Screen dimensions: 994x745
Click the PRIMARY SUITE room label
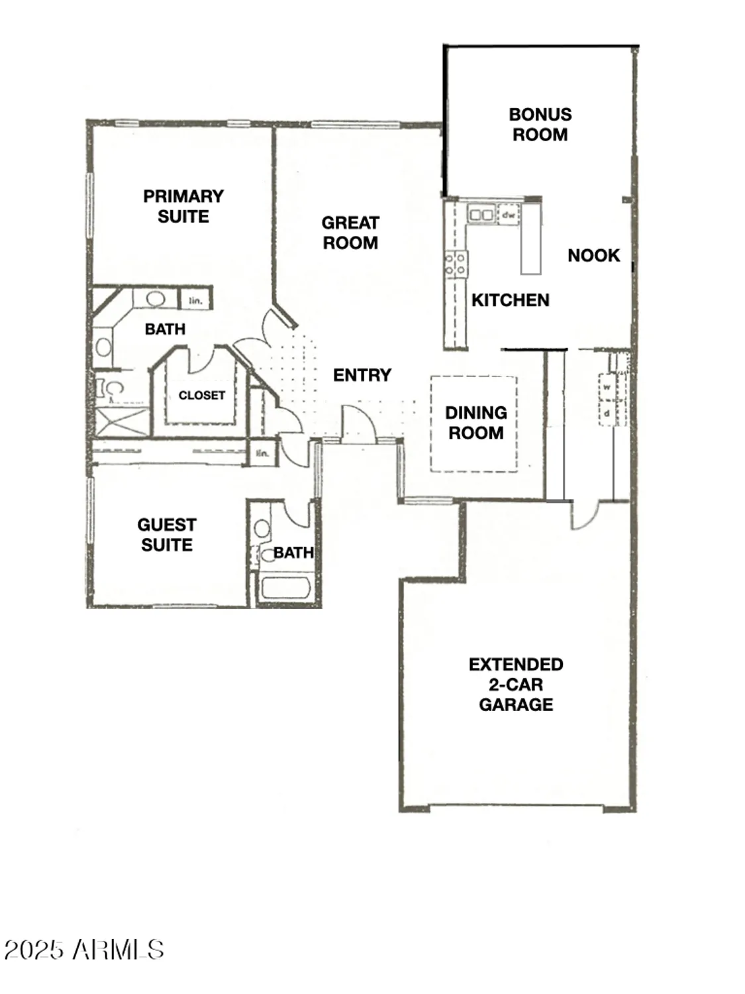coord(183,206)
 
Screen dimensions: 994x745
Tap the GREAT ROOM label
coord(350,233)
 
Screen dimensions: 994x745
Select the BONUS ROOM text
coord(540,125)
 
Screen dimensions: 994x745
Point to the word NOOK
coord(593,256)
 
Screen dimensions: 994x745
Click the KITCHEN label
coord(510,300)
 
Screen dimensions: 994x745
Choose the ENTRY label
coord(362,375)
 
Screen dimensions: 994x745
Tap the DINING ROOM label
coord(475,423)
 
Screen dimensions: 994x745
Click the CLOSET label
coord(201,395)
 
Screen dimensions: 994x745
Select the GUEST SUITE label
coord(167,535)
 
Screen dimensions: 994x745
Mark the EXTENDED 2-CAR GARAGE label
coord(516,684)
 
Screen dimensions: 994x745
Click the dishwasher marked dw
coord(509,215)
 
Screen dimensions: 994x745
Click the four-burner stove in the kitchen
coord(456,264)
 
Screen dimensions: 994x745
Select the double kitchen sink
coord(481,215)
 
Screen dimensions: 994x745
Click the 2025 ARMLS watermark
coord(84,950)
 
